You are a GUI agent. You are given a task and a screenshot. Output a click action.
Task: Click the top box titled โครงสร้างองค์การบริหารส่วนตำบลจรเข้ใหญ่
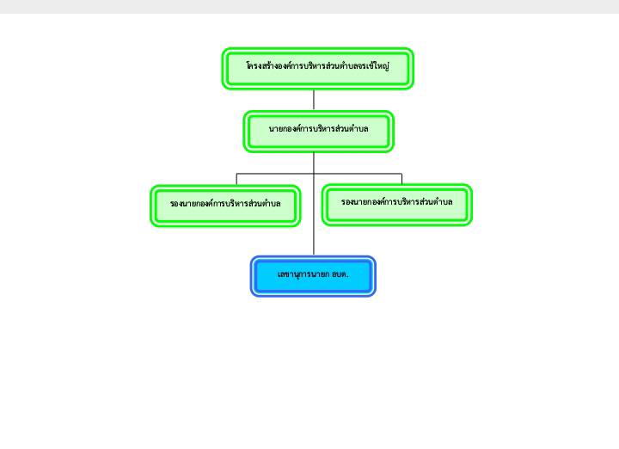click(318, 69)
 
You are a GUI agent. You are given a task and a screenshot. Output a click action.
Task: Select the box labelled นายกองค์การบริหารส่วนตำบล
click(319, 132)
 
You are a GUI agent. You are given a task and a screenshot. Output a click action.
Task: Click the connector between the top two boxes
click(314, 100)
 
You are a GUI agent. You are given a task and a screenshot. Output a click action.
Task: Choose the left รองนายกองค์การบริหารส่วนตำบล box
click(225, 206)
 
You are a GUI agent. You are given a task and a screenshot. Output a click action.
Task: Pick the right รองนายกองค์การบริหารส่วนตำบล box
click(397, 205)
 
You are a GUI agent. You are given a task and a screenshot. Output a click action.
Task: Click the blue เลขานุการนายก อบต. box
click(313, 276)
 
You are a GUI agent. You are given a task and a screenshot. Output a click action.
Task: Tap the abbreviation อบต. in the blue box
click(340, 274)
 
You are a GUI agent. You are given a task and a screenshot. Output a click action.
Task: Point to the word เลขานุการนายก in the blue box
click(303, 274)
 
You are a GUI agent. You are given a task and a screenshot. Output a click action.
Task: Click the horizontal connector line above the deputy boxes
click(319, 174)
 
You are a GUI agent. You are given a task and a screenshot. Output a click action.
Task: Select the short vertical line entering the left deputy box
click(236, 179)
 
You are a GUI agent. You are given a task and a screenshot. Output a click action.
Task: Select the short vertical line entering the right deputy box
click(401, 179)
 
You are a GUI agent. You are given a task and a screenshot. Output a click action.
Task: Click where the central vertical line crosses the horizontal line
click(314, 174)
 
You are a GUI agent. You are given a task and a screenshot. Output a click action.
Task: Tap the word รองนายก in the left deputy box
click(185, 204)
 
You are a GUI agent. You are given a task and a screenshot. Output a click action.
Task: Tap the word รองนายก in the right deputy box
click(356, 202)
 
